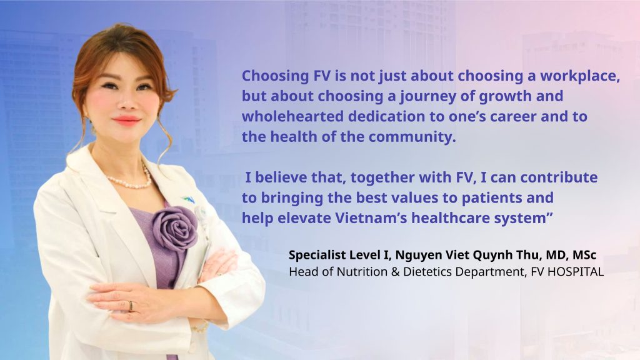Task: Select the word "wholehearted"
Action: (x=292, y=116)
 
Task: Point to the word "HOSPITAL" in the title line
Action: (x=575, y=272)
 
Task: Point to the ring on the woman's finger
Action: (x=131, y=306)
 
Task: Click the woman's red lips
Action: (x=126, y=121)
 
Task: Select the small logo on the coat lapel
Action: (x=189, y=200)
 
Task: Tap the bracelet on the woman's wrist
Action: (x=199, y=327)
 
